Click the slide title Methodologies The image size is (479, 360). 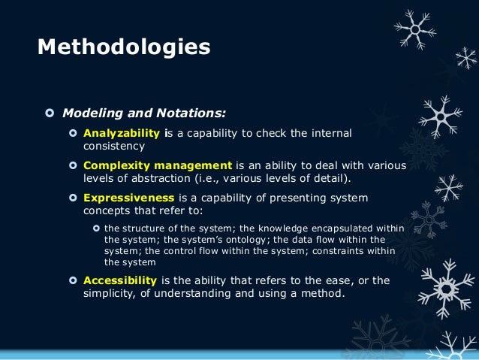[x=124, y=47]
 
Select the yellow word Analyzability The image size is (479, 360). [x=122, y=133]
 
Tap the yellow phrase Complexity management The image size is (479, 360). [x=158, y=165]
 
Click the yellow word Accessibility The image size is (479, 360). [x=120, y=280]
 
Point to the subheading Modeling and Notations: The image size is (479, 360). [x=143, y=113]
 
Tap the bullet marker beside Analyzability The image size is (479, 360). [x=73, y=134]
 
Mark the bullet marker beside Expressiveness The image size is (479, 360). [x=73, y=198]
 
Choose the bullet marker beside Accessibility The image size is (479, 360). [x=73, y=280]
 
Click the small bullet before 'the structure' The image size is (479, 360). [x=96, y=228]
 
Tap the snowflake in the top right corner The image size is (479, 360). [x=414, y=29]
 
